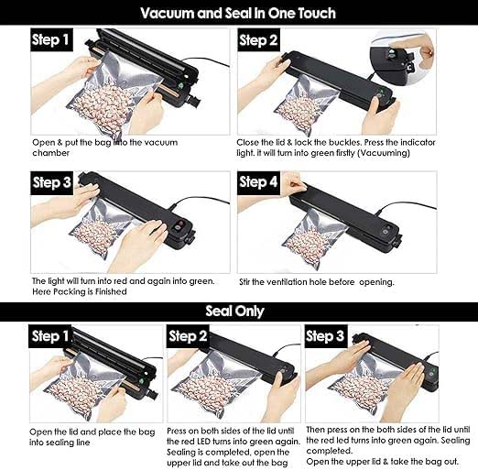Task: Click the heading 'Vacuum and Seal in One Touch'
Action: click(x=238, y=13)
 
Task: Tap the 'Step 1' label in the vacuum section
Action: click(x=51, y=40)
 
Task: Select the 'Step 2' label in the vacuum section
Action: click(x=259, y=40)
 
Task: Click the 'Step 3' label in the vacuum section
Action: click(x=51, y=182)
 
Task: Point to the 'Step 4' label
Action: click(x=259, y=182)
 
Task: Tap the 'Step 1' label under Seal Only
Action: click(x=51, y=336)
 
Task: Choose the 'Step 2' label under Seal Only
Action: click(x=189, y=336)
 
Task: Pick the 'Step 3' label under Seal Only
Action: click(x=326, y=336)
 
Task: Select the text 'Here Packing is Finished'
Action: click(x=80, y=292)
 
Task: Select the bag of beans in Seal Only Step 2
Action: click(x=212, y=389)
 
